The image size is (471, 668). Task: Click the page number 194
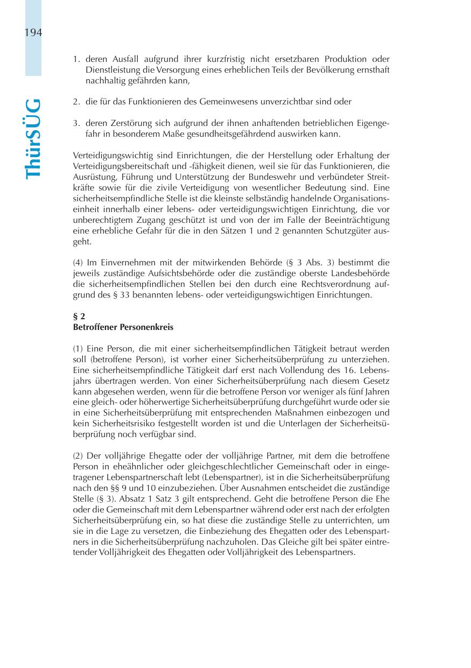pos(33,33)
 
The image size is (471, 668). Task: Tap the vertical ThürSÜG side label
pos(33,138)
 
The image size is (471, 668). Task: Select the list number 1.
pos(76,59)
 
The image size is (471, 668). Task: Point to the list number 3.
pos(76,123)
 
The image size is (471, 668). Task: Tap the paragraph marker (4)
pos(78,263)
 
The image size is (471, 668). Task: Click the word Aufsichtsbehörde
pos(166,273)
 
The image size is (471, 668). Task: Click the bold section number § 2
pos(79,317)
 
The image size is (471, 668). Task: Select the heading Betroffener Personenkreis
pos(123,327)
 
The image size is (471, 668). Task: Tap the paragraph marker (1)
pos(78,349)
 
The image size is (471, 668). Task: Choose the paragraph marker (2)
pos(78,456)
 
